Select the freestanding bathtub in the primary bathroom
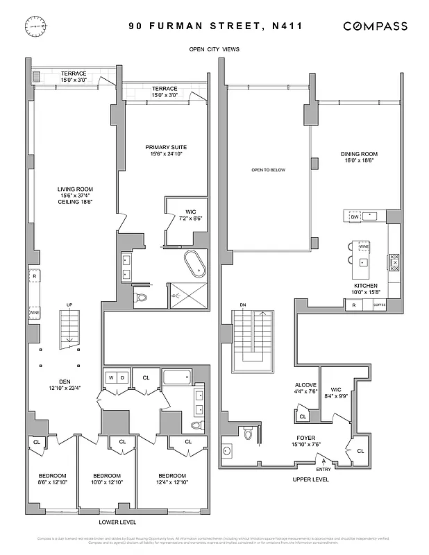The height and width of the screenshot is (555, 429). pyautogui.click(x=192, y=264)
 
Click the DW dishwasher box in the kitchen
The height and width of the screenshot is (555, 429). pyautogui.click(x=354, y=216)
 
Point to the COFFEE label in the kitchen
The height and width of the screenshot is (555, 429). pyautogui.click(x=378, y=305)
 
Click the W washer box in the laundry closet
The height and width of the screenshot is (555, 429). pyautogui.click(x=110, y=378)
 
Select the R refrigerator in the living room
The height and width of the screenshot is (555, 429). pyautogui.click(x=33, y=275)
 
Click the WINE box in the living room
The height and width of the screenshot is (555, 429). pyautogui.click(x=34, y=314)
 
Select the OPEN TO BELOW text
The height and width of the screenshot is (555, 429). pyautogui.click(x=268, y=170)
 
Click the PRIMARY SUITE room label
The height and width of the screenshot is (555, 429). pyautogui.click(x=166, y=147)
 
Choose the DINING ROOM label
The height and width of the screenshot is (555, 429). pyautogui.click(x=358, y=153)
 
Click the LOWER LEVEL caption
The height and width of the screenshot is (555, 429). pyautogui.click(x=117, y=522)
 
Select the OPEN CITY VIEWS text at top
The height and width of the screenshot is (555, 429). pyautogui.click(x=214, y=49)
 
